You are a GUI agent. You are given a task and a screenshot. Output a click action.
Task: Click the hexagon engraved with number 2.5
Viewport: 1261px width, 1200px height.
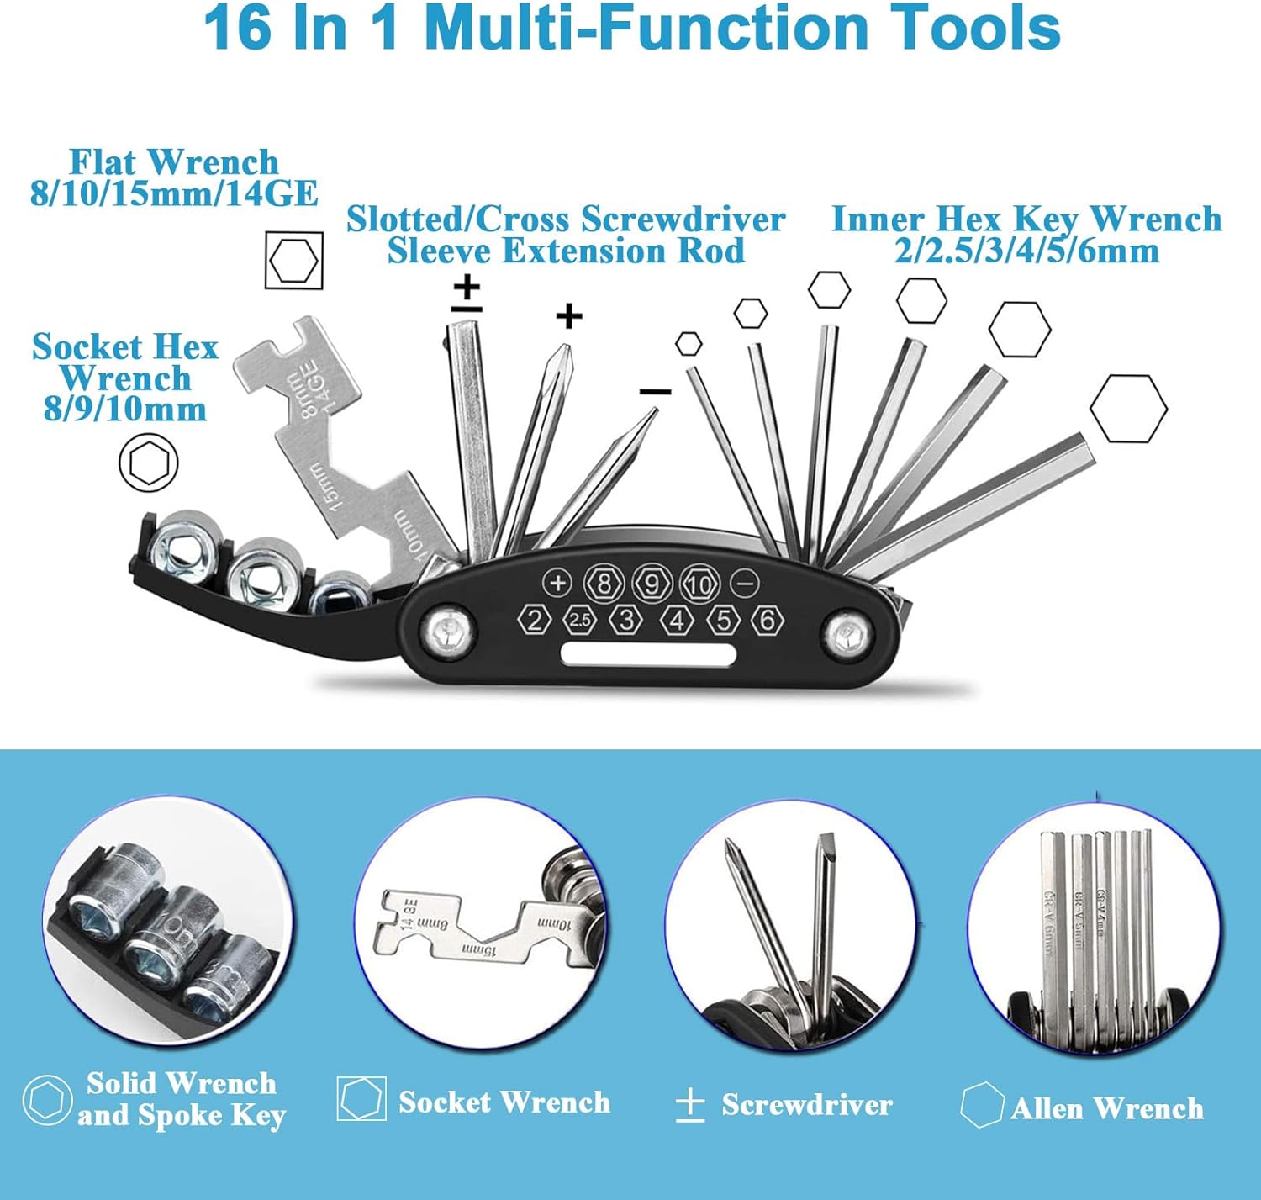[580, 621]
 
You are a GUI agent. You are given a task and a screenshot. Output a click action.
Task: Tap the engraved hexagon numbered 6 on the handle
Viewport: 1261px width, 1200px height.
[767, 620]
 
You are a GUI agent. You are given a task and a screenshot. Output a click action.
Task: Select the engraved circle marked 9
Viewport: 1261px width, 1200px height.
[652, 583]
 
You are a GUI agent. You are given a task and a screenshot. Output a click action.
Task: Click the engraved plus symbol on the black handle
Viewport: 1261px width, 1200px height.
[557, 582]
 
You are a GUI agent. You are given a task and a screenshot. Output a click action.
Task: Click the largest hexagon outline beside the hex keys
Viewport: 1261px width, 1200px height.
[1128, 408]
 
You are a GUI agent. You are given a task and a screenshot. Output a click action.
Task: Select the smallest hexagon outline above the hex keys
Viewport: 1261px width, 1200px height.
[689, 343]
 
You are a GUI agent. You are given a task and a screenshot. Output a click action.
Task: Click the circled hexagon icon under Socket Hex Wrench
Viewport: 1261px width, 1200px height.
[149, 463]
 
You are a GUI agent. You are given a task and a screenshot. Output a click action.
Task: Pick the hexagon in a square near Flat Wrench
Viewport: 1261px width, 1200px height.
[293, 261]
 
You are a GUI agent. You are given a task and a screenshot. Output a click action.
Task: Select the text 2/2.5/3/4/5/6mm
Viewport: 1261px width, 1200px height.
[1026, 251]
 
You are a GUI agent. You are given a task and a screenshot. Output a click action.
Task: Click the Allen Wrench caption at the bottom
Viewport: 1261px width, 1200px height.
[1106, 1108]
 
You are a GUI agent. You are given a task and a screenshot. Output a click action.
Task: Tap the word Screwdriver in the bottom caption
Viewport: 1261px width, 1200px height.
[806, 1104]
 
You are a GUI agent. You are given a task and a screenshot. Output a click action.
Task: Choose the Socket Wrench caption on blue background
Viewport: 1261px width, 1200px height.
[504, 1102]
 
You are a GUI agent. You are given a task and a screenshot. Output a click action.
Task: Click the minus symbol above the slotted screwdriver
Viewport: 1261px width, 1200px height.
[655, 391]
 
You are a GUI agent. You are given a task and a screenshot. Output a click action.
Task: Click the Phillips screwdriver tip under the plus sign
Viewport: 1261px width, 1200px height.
[561, 358]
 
